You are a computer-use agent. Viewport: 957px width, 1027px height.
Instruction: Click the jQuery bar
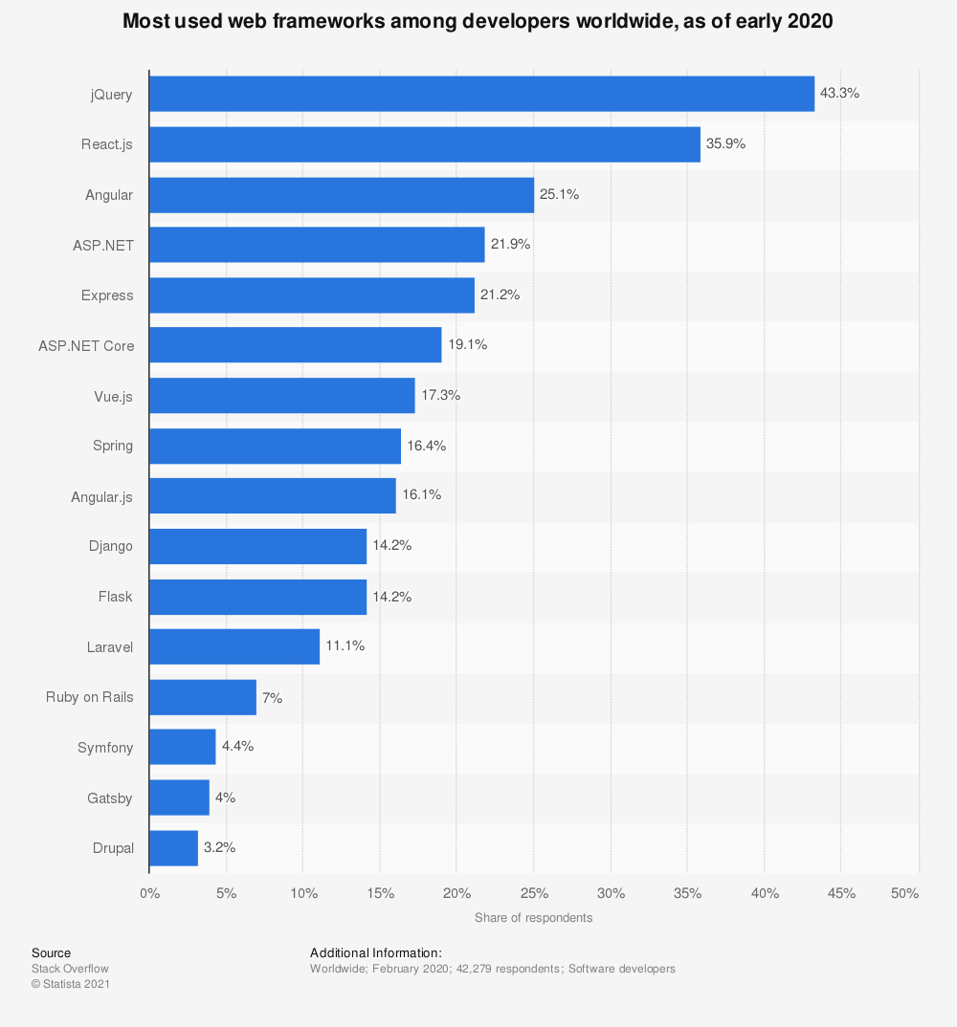tap(481, 94)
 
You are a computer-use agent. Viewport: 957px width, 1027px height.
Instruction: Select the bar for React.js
tap(425, 144)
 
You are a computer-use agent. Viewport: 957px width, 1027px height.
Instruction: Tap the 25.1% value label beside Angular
tap(559, 194)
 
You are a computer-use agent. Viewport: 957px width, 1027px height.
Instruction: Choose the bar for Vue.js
tap(282, 395)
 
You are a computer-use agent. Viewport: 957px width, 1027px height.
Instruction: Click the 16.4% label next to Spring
tap(427, 446)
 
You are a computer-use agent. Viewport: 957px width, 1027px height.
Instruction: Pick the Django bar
tap(258, 546)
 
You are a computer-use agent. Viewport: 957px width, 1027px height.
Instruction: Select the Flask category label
tap(115, 597)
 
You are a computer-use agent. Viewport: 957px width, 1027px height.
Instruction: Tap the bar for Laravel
tap(234, 646)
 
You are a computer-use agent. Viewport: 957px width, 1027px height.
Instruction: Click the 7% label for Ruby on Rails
tap(273, 698)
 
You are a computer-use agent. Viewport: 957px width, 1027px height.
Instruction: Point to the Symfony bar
tap(183, 747)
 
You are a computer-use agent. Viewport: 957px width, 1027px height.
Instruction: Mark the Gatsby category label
tap(111, 798)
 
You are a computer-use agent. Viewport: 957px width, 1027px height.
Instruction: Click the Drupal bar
tap(174, 847)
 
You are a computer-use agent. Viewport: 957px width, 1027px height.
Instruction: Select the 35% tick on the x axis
tap(687, 893)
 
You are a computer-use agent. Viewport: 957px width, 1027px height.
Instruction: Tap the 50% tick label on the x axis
tap(904, 893)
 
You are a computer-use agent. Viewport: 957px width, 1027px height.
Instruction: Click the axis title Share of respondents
tap(533, 918)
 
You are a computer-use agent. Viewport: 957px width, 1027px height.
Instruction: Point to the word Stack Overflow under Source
tap(70, 969)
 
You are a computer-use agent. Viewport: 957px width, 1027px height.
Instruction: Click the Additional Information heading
tap(375, 952)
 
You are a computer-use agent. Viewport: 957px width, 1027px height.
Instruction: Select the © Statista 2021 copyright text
tap(71, 984)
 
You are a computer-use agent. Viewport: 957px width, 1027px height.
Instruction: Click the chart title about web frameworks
tap(478, 21)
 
